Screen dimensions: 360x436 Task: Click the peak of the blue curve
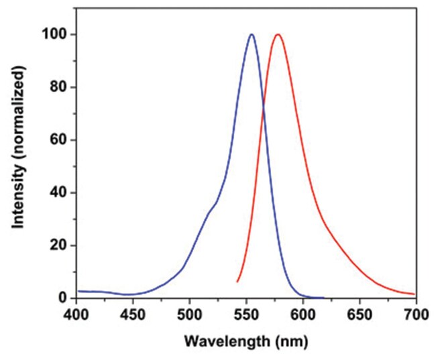coord(252,34)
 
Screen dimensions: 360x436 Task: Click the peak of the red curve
coord(277,34)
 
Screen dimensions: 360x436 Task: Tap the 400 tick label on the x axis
coord(76,314)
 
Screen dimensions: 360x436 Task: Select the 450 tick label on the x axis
coord(133,314)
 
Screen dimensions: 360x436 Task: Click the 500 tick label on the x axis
coord(190,314)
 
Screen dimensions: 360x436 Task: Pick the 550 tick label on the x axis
coord(246,314)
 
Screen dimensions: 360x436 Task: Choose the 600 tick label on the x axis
coord(303,314)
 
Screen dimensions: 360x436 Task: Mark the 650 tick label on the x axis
coord(360,314)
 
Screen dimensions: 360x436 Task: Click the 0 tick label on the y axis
coord(62,298)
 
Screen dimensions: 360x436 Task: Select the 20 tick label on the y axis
coord(59,245)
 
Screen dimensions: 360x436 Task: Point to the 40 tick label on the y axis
coord(59,193)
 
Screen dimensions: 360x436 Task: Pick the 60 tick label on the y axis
coord(59,140)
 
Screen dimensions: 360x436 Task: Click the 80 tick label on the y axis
coord(59,87)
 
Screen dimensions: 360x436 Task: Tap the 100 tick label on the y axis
coord(56,35)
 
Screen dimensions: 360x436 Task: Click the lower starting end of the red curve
coord(237,281)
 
